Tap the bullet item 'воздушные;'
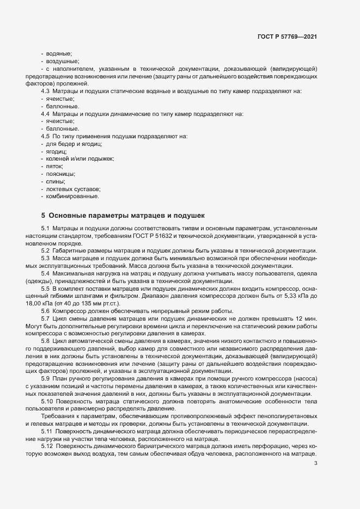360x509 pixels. (63, 62)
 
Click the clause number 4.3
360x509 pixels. (45, 91)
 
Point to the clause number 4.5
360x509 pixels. (45, 136)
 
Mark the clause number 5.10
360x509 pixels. (47, 401)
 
